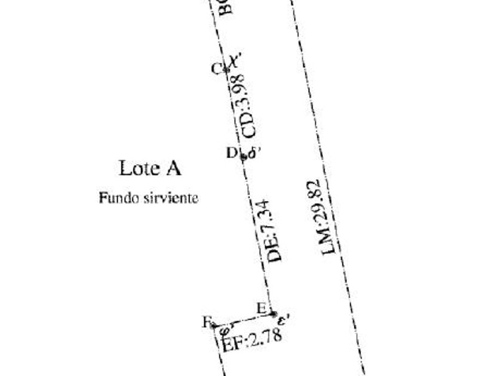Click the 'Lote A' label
point(150,168)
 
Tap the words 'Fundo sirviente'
point(148,198)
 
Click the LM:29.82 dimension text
point(329,218)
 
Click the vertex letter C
point(217,68)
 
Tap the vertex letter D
point(231,152)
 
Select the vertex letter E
point(261,308)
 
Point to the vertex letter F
point(207,323)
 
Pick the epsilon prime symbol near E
point(284,320)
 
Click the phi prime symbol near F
point(225,329)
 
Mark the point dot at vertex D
point(243,156)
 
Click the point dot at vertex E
point(273,313)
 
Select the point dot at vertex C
point(226,70)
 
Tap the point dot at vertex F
point(215,326)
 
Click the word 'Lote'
point(137,168)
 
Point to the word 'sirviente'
point(170,198)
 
